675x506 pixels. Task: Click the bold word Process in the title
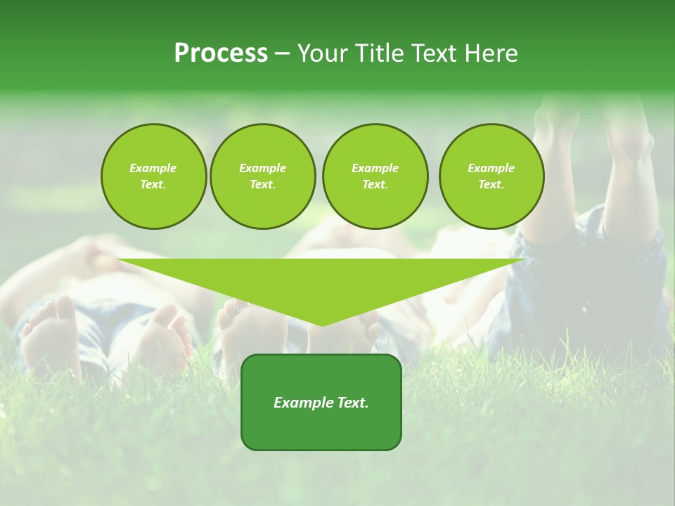[x=221, y=53]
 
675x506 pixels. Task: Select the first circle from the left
[x=153, y=176]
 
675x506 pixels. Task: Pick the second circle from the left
[x=262, y=176]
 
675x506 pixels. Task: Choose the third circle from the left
[x=375, y=176]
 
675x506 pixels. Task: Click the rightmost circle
[x=491, y=176]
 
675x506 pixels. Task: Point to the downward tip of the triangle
[x=322, y=324]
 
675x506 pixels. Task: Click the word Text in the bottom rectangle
[x=353, y=403]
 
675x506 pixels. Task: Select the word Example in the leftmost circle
[x=153, y=168]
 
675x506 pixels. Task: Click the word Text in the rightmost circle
[x=491, y=185]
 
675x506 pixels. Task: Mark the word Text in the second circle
[x=262, y=185]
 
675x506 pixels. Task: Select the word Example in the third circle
[x=375, y=168]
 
